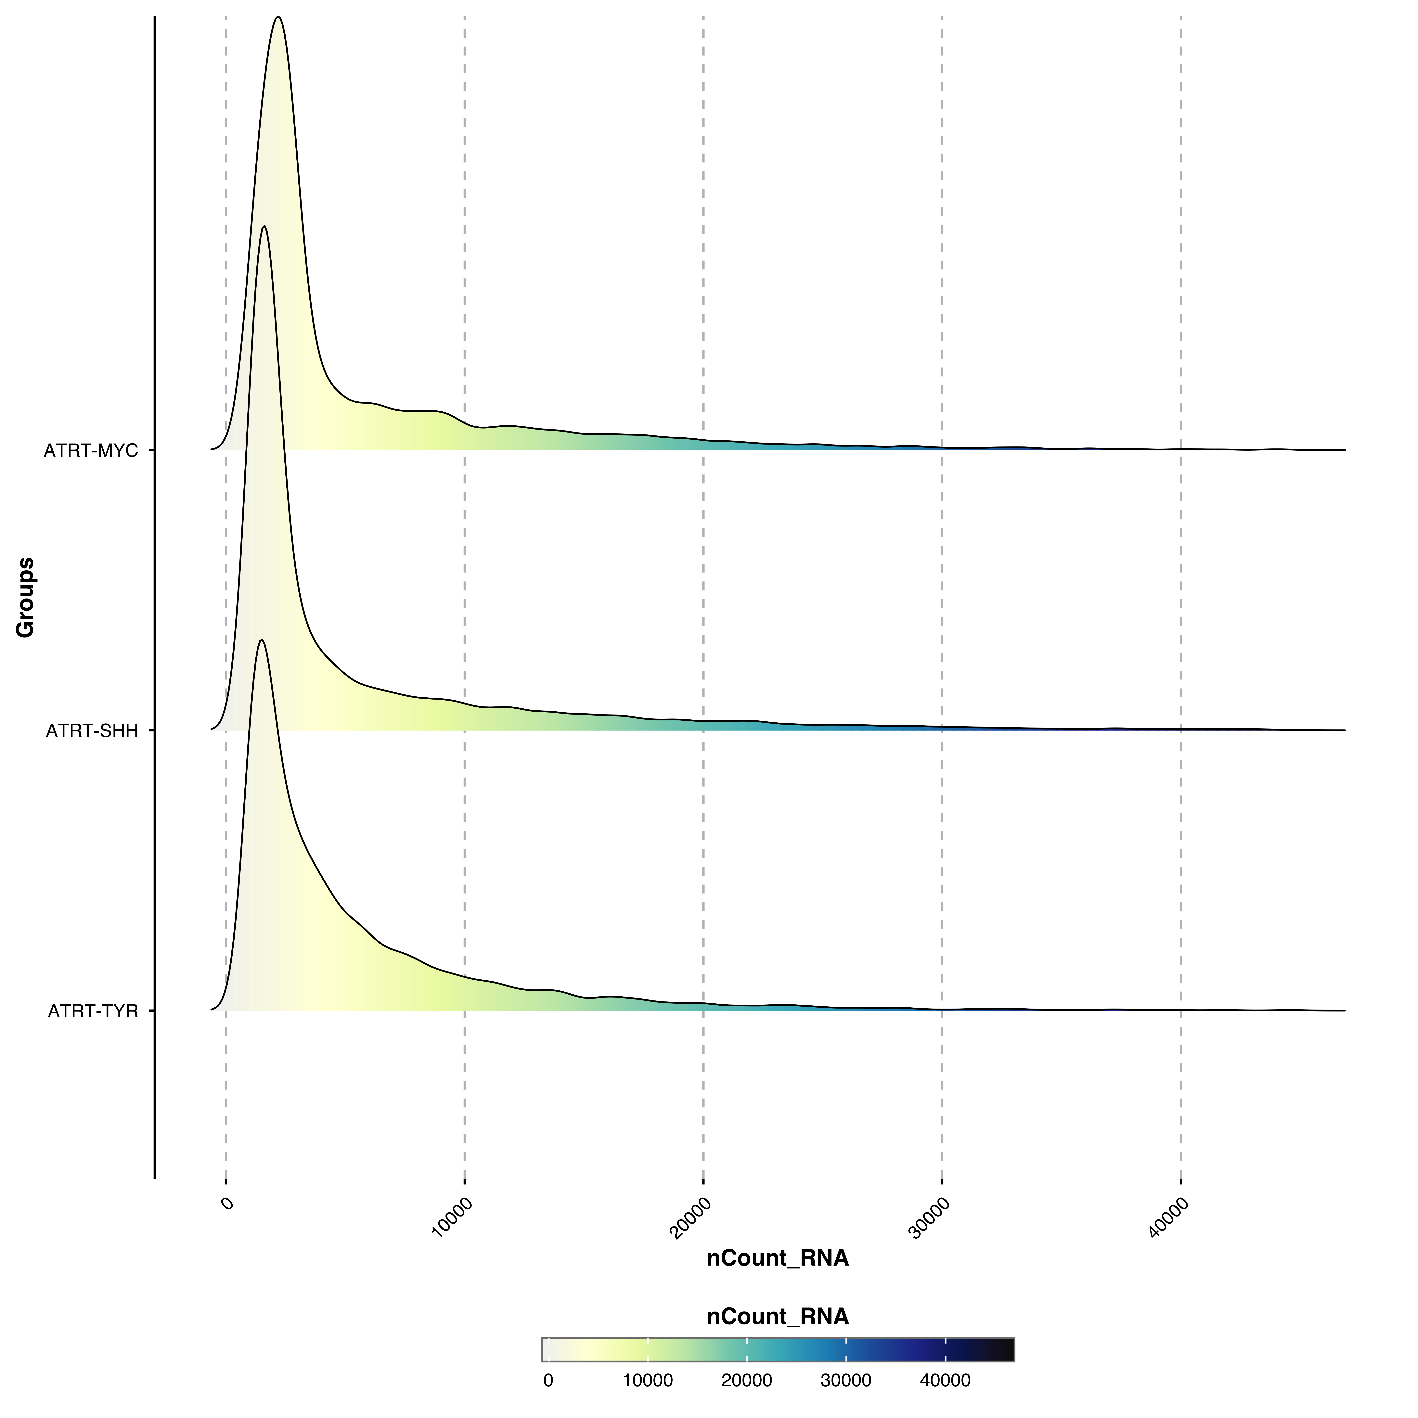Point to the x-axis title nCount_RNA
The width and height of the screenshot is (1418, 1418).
(x=777, y=1258)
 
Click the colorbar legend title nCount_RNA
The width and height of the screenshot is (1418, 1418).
(x=777, y=1317)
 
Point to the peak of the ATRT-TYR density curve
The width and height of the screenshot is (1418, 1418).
(x=261, y=641)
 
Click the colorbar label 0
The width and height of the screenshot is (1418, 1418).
(x=548, y=1381)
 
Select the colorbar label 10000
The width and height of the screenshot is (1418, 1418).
(x=647, y=1381)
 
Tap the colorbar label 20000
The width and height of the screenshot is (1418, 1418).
(x=746, y=1381)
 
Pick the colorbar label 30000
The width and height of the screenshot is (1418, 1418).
(x=845, y=1381)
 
